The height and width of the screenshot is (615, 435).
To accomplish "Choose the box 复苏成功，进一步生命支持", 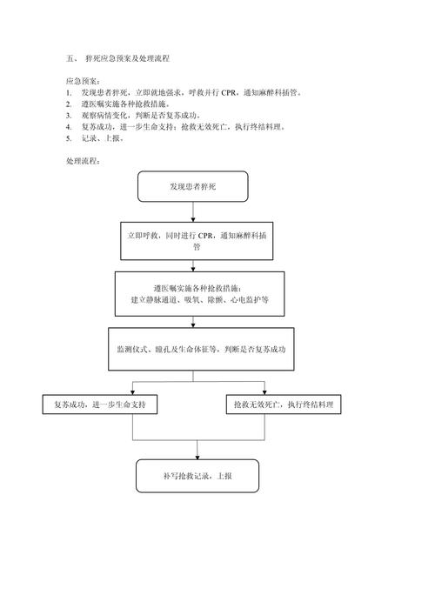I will pos(100,404).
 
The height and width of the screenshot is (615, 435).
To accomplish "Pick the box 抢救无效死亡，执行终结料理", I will pos(284,404).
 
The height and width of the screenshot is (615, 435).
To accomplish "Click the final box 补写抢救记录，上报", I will pos(197,476).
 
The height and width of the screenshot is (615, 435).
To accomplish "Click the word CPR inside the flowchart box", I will pos(206,235).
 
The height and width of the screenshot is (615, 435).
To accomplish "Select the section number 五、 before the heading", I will pos(72,58).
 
